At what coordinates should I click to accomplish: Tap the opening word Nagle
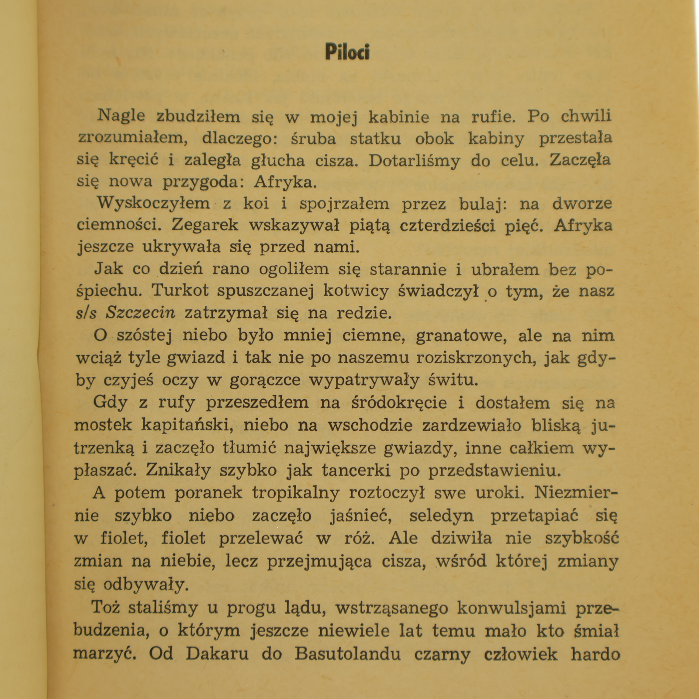[121, 116]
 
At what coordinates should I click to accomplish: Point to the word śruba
[313, 138]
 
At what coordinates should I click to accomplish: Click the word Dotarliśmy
[414, 161]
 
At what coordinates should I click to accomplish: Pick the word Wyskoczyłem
[153, 204]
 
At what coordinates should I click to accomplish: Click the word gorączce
[265, 380]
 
